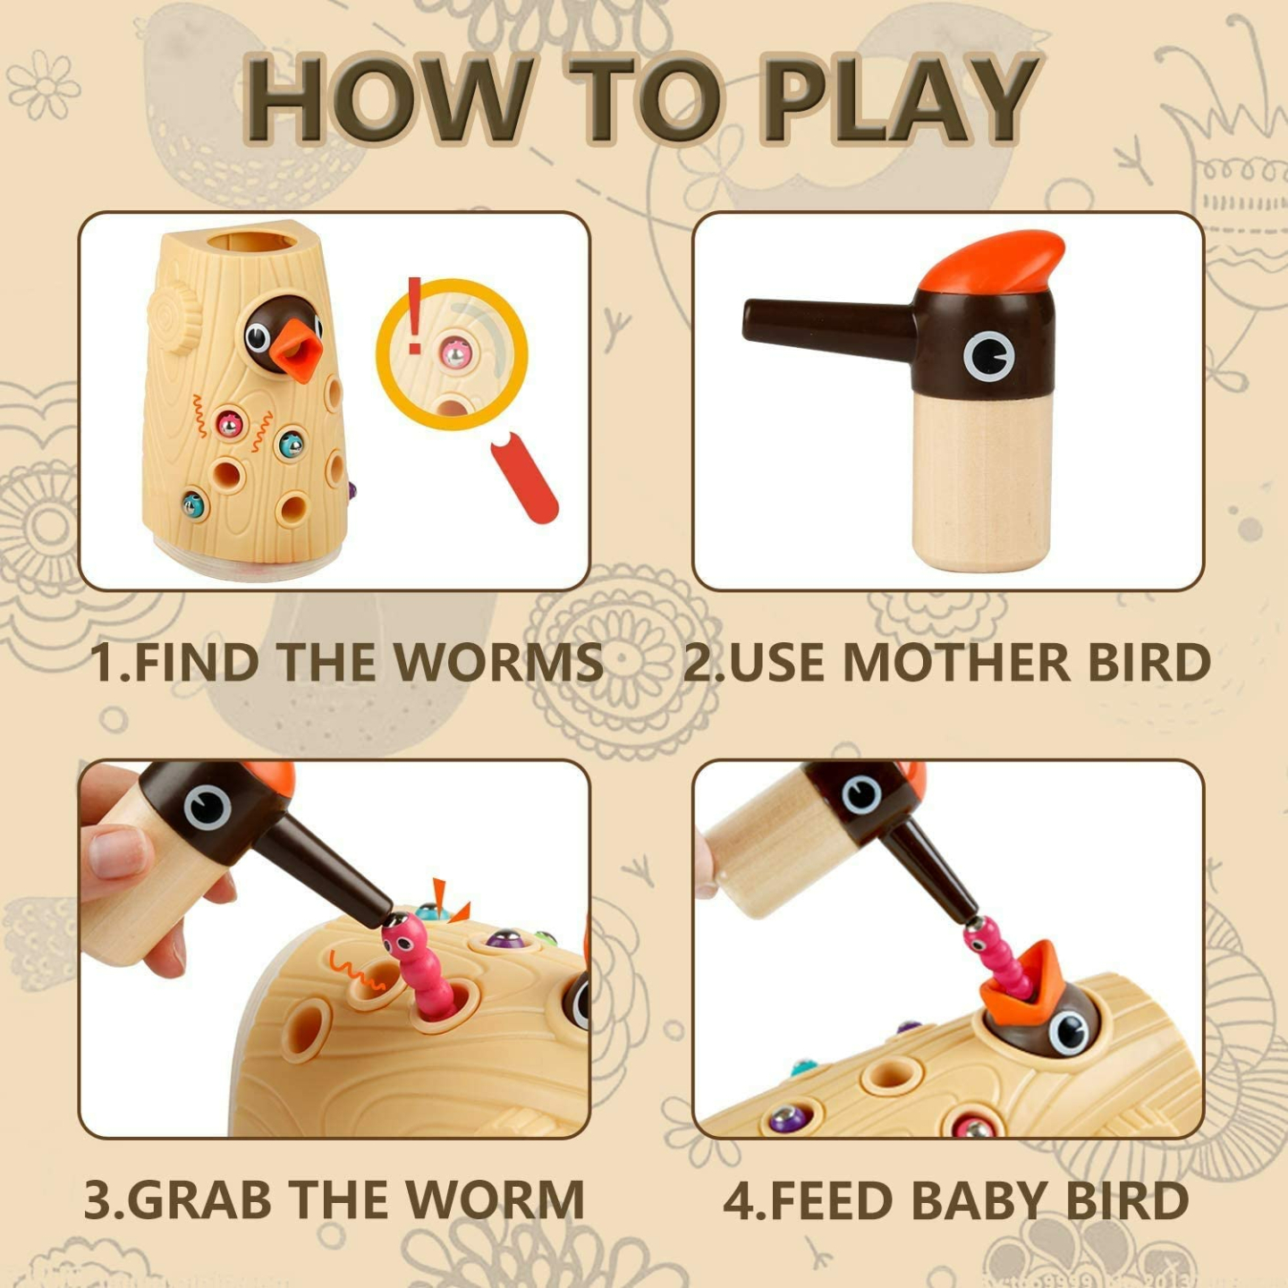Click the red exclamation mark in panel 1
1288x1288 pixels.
pos(414,315)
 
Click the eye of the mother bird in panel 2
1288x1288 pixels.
pos(988,356)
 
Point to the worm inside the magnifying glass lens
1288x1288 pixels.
pos(456,352)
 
